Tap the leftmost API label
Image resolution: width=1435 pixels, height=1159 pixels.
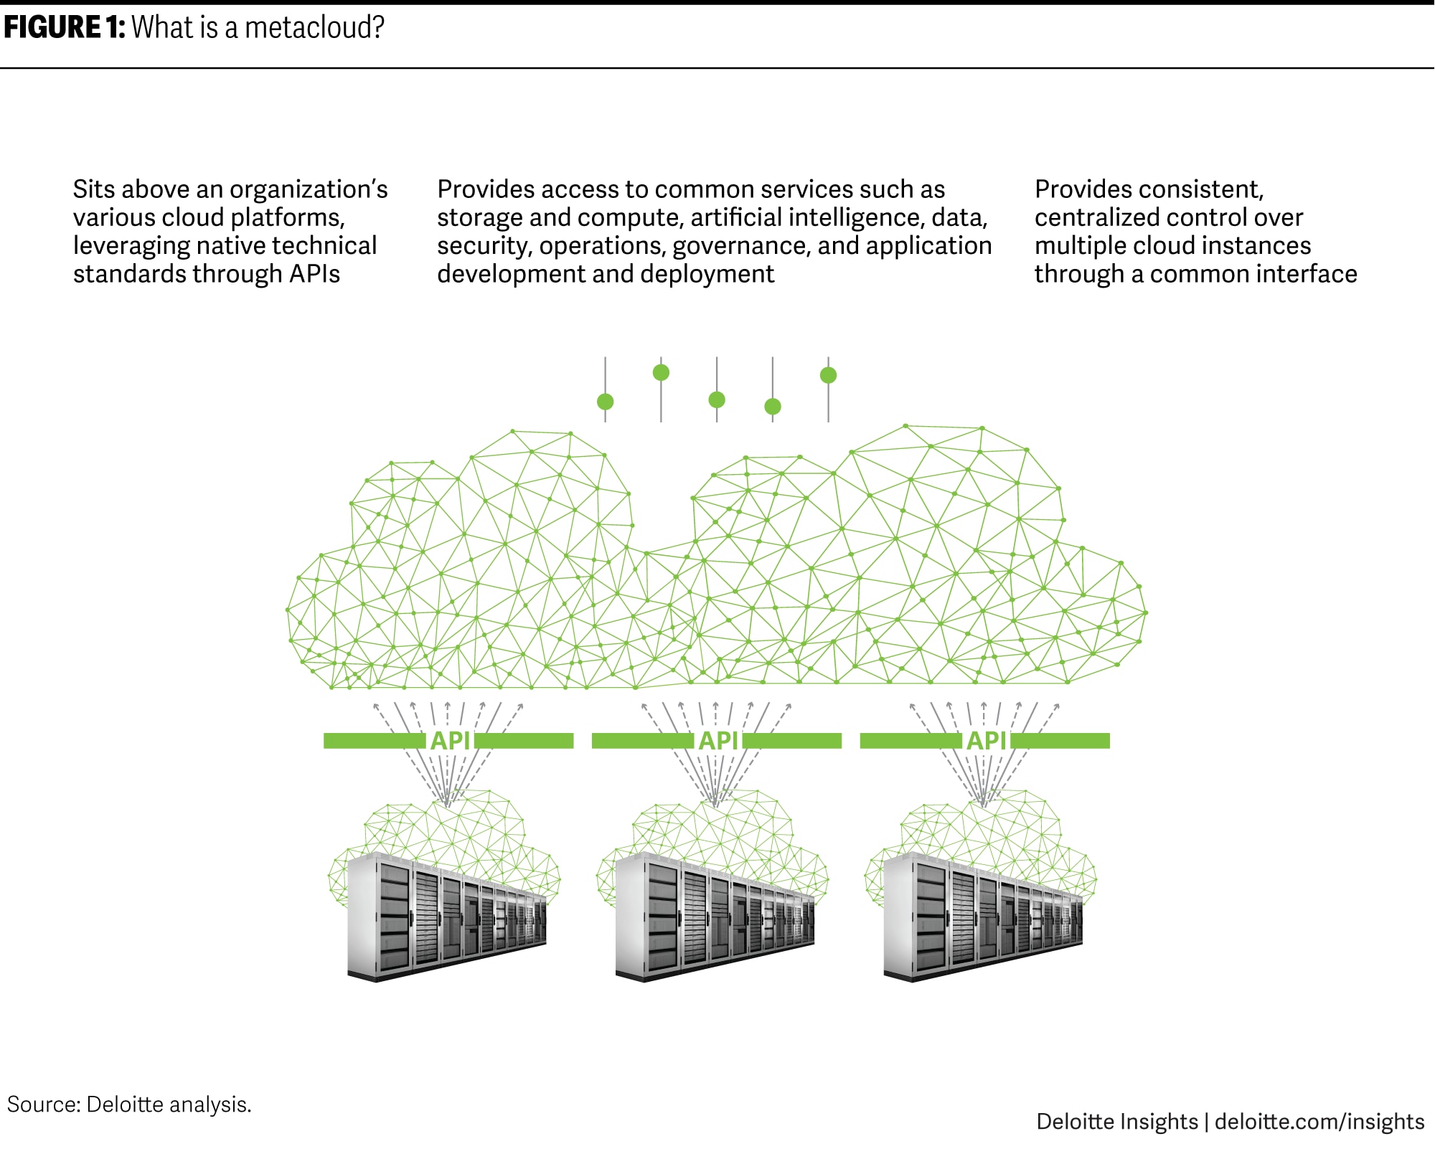[450, 741]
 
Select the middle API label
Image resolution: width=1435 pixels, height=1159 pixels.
[718, 741]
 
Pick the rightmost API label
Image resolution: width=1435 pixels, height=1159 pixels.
[987, 741]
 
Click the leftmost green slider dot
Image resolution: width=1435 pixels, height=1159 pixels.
[606, 401]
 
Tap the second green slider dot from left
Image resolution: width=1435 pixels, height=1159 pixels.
[661, 372]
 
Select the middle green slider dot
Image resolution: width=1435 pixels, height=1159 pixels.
[717, 399]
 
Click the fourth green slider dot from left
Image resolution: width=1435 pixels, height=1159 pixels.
[773, 407]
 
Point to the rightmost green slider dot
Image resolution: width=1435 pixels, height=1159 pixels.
[828, 375]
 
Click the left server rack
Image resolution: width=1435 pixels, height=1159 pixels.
[446, 918]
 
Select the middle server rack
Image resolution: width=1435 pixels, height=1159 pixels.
[715, 918]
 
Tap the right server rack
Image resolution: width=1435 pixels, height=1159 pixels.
[983, 918]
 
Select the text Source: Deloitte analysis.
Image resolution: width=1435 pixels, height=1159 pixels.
[129, 1104]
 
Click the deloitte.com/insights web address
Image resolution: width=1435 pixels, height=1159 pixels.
[1319, 1121]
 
